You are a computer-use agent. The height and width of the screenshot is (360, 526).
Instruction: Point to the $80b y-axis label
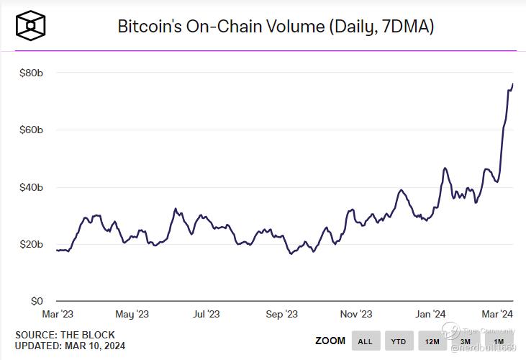pyautogui.click(x=30, y=73)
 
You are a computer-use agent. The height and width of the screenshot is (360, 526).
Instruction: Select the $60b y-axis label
pyautogui.click(x=30, y=130)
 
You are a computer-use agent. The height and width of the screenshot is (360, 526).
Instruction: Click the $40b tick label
pyautogui.click(x=30, y=187)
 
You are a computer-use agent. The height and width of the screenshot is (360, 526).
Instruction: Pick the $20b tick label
pyautogui.click(x=30, y=244)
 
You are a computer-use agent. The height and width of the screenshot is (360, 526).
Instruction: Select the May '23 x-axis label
pyautogui.click(x=132, y=314)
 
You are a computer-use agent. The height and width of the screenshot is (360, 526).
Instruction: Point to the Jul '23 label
pyautogui.click(x=207, y=314)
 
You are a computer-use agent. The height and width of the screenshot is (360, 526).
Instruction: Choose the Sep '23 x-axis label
pyautogui.click(x=281, y=314)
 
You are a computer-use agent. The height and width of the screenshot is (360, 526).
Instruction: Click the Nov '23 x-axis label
pyautogui.click(x=356, y=314)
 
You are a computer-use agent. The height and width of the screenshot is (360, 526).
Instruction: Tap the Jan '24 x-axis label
pyautogui.click(x=431, y=314)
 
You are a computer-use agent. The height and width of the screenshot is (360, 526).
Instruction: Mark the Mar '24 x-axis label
pyautogui.click(x=496, y=314)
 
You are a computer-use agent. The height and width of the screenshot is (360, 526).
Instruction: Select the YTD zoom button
pyautogui.click(x=398, y=341)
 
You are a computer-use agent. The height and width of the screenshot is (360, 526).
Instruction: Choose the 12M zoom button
pyautogui.click(x=432, y=341)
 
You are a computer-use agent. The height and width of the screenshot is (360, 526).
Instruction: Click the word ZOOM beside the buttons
pyautogui.click(x=330, y=341)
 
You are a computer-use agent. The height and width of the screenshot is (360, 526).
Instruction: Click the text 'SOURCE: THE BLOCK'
pyautogui.click(x=65, y=335)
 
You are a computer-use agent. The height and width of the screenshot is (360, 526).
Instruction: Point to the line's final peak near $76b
pyautogui.click(x=512, y=85)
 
